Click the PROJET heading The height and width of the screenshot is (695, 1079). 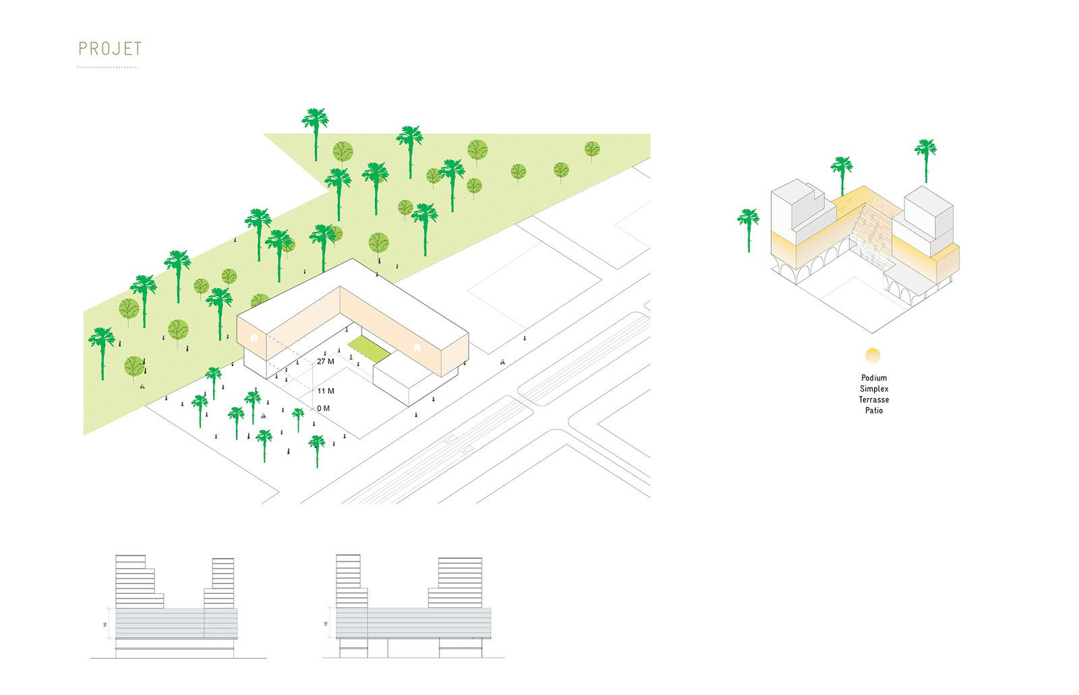click(x=110, y=49)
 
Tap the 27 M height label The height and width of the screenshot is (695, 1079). click(x=325, y=362)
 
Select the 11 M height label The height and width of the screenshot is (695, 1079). click(x=326, y=391)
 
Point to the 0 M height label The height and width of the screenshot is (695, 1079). click(x=324, y=409)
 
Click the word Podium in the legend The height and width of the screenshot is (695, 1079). click(x=874, y=378)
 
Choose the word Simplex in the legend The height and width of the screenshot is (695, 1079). click(x=874, y=389)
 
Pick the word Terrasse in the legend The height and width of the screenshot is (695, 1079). click(x=874, y=400)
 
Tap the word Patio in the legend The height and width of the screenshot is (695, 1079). click(x=874, y=411)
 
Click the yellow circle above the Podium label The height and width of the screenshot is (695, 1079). click(x=873, y=355)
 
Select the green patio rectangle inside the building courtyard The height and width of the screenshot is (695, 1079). click(x=369, y=349)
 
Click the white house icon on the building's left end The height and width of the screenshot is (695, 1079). click(x=254, y=338)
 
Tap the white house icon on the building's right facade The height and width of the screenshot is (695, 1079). click(x=417, y=348)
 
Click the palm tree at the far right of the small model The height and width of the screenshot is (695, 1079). click(x=925, y=158)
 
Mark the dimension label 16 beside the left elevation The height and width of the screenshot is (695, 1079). click(x=105, y=625)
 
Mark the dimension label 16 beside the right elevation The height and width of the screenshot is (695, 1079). click(x=326, y=624)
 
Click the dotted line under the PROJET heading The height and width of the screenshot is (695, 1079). click(x=107, y=67)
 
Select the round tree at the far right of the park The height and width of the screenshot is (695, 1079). click(x=592, y=150)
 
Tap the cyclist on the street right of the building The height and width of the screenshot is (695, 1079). click(x=502, y=362)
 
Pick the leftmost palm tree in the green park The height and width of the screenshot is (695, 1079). click(x=102, y=351)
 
